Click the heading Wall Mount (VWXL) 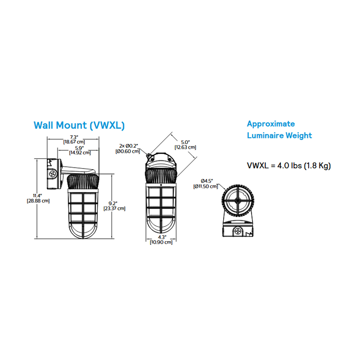pyautogui.click(x=79, y=125)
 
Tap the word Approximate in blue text pyautogui.click(x=271, y=124)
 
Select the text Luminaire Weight pyautogui.click(x=279, y=136)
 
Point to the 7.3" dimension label pyautogui.click(x=74, y=136)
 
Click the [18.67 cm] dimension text pyautogui.click(x=74, y=141)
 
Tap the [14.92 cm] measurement pyautogui.click(x=80, y=153)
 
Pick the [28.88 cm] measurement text pyautogui.click(x=38, y=201)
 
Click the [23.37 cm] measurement pyautogui.click(x=113, y=209)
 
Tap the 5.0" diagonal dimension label pyautogui.click(x=185, y=142)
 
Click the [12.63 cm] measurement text pyautogui.click(x=185, y=148)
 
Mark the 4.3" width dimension pyautogui.click(x=161, y=237)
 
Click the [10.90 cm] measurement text pyautogui.click(x=161, y=242)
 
